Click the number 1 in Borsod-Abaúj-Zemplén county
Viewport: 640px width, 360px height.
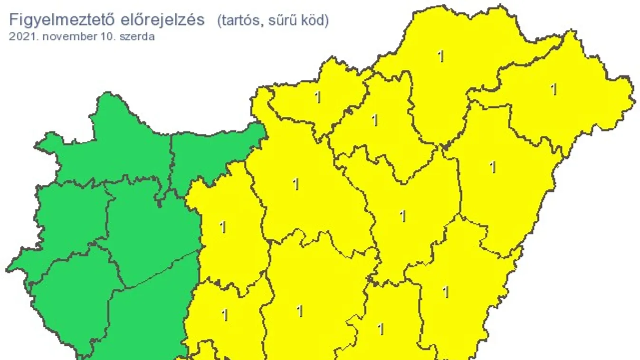pos(441,56)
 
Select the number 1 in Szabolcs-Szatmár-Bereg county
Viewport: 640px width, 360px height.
pos(554,89)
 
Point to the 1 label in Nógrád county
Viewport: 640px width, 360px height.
pos(318,97)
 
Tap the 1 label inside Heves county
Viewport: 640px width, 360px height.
pos(375,120)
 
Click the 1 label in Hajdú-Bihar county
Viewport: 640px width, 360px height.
pos(493,167)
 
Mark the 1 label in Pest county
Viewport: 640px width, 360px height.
pos(296,184)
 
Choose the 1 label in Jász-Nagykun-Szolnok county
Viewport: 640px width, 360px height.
pos(403,216)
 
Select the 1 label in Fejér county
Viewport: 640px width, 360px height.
pos(223,227)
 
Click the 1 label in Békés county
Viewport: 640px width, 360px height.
pos(445,292)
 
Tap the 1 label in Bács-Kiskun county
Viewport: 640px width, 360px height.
pos(299,311)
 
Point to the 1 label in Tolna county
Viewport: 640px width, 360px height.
pos(225,314)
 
